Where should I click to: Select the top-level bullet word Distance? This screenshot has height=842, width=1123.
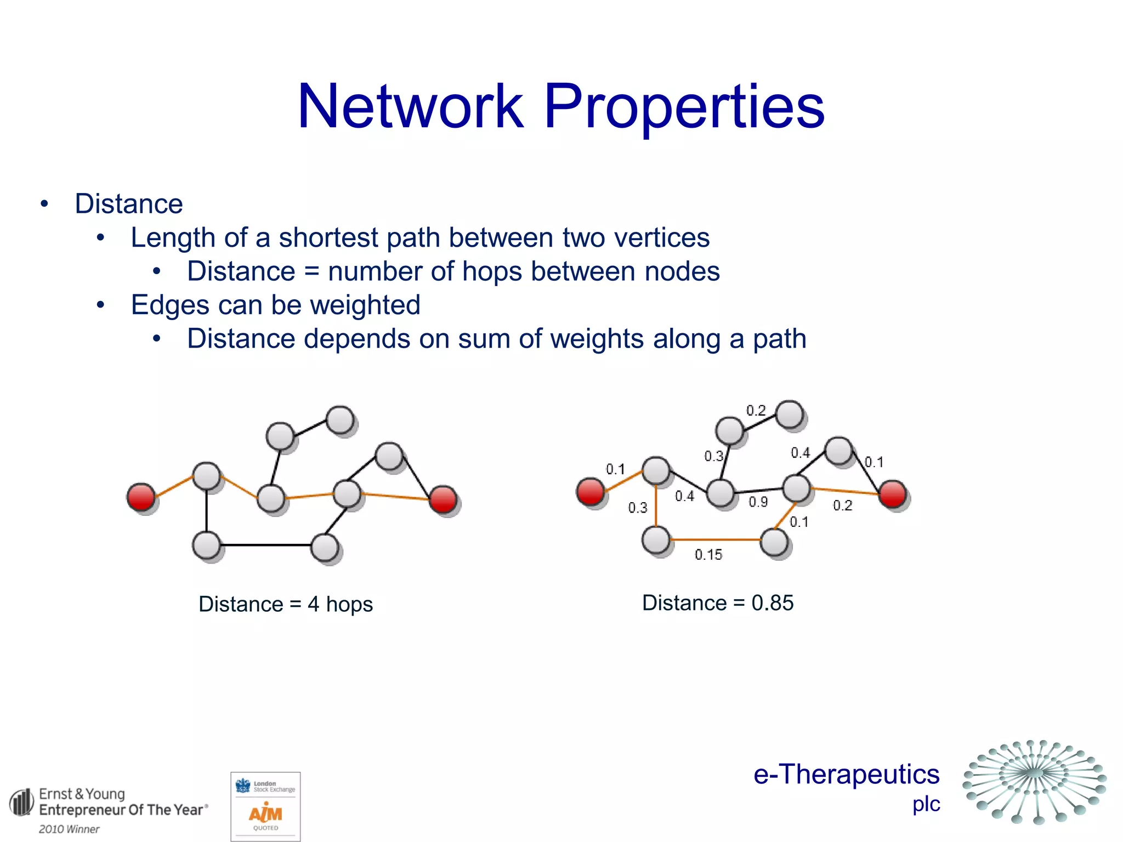point(128,204)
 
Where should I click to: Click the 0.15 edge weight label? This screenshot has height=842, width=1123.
point(708,555)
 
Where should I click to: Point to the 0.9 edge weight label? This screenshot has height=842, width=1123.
point(758,502)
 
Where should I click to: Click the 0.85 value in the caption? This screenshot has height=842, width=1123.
point(772,603)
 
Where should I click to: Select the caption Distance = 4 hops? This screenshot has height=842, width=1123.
point(286,604)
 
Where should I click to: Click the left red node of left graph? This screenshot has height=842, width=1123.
point(141,497)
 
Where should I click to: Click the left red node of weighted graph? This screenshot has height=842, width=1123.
point(591,491)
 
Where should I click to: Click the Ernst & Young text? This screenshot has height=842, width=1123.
point(82,794)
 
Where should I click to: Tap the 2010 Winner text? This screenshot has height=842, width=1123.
point(69,829)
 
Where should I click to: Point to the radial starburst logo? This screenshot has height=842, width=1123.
point(1035,781)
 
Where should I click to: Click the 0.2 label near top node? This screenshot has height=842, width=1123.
point(756,411)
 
